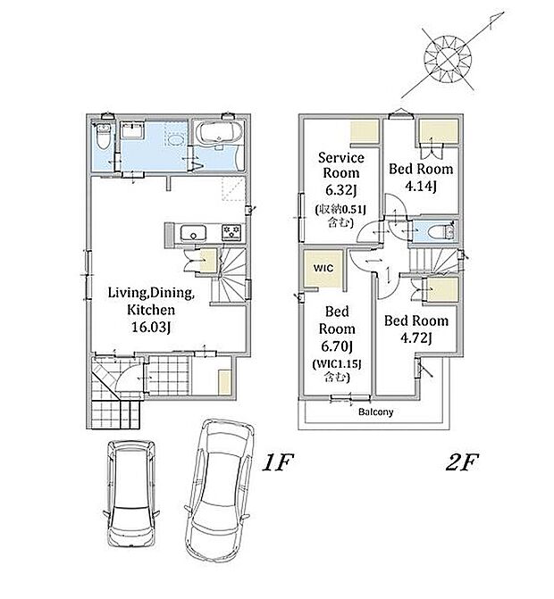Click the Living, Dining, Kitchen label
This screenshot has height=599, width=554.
click(151, 301)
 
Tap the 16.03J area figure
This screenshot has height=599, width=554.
click(151, 328)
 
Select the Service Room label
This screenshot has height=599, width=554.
click(341, 165)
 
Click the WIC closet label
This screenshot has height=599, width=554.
click(323, 268)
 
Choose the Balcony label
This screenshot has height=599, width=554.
click(376, 412)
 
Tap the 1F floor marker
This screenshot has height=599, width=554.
click(278, 462)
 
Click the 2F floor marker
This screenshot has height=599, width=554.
click(462, 462)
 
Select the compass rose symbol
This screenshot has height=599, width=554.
click(448, 58)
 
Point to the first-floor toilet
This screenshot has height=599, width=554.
click(103, 137)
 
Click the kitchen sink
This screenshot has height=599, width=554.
click(194, 233)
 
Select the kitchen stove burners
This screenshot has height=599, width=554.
click(231, 232)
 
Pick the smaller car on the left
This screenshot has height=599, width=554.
click(132, 495)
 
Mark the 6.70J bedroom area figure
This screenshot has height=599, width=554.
click(337, 346)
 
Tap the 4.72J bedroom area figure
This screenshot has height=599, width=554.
click(416, 338)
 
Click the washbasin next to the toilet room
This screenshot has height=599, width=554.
click(132, 130)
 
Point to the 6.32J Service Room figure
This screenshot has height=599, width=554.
click(340, 190)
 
